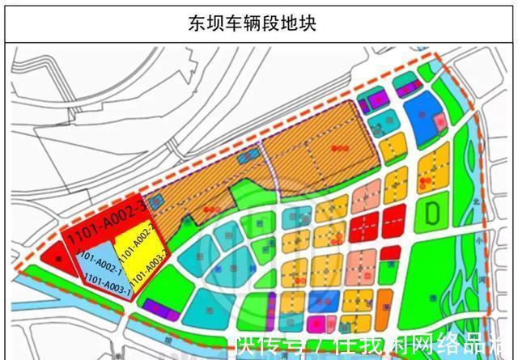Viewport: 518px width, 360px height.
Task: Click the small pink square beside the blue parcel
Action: [x=439, y=121]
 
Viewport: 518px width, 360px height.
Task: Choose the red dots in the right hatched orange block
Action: [x=338, y=148]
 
